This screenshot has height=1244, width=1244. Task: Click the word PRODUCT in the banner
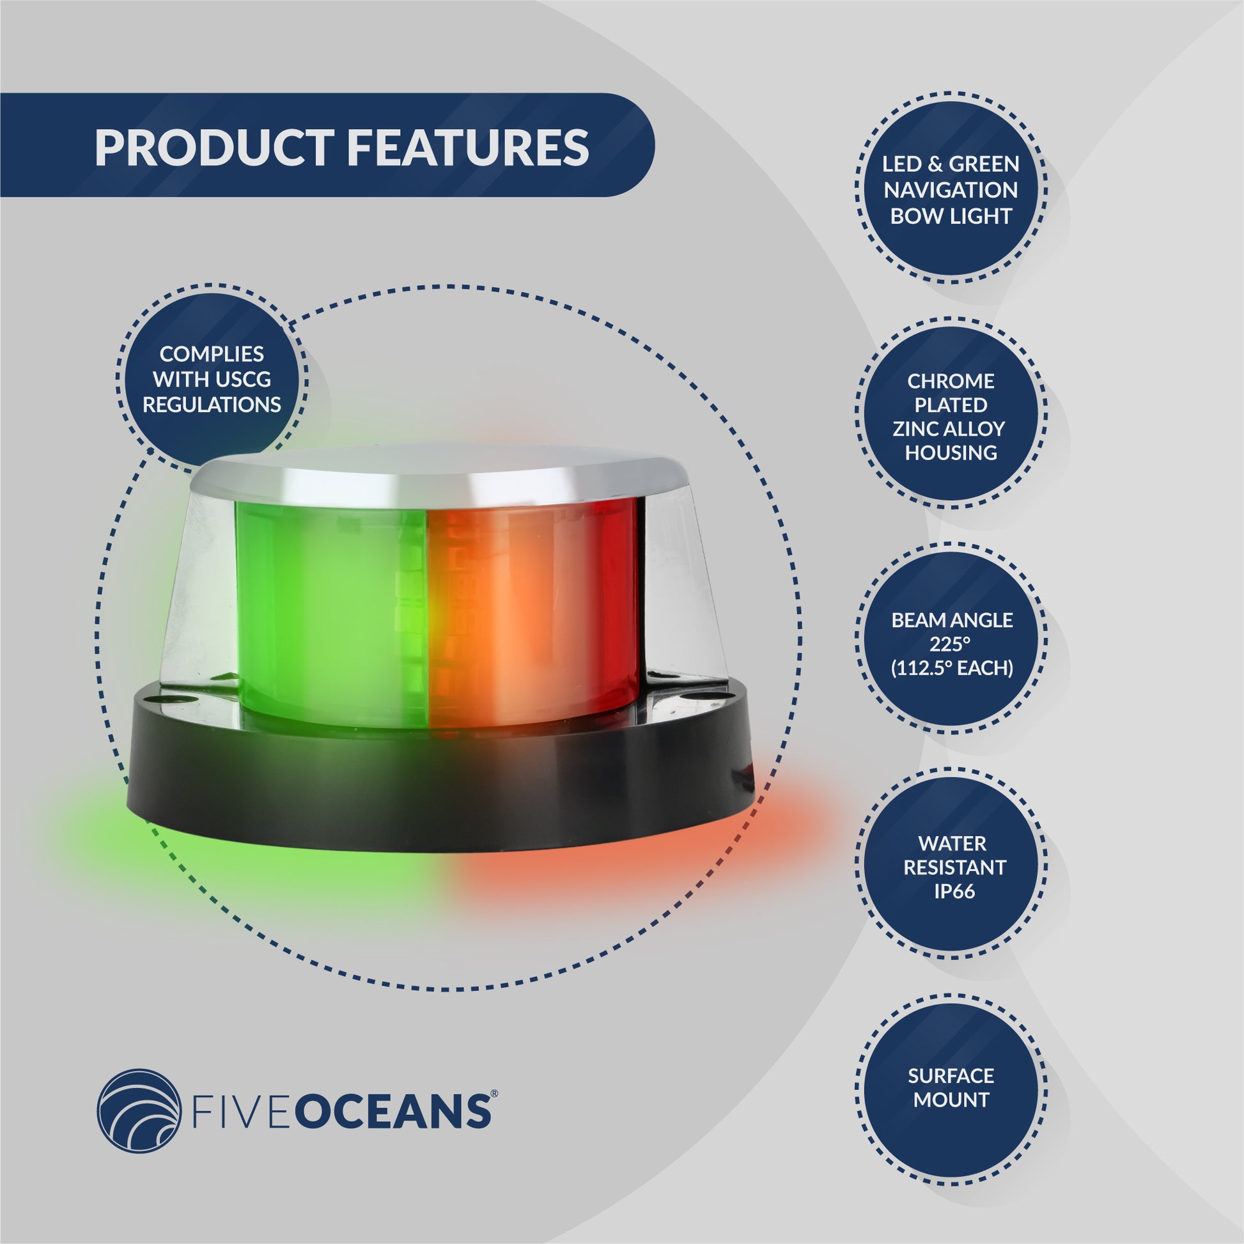pos(212,148)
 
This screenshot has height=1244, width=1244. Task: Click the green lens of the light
pos(329,612)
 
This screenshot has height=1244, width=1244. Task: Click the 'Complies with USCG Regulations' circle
pos(211,379)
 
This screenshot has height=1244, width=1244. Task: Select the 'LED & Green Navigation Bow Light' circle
pos(951,190)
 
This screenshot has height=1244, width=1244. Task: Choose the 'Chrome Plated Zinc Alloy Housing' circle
pos(951,417)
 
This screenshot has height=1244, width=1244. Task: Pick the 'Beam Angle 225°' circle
pos(951,644)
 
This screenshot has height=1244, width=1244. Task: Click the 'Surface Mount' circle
pos(951,1087)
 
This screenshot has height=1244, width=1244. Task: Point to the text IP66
pos(954,892)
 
